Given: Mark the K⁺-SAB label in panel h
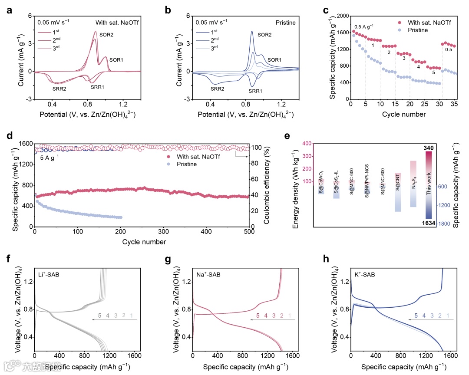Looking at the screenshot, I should (x=366, y=275).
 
